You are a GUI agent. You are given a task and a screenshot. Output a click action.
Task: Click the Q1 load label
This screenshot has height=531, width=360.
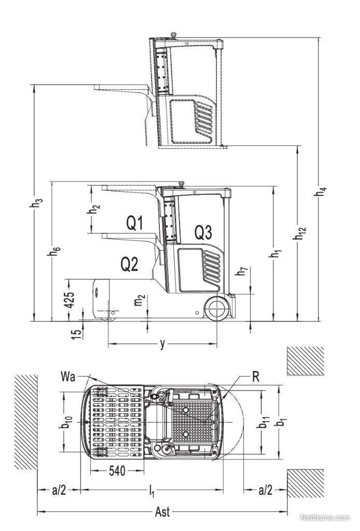click(134, 223)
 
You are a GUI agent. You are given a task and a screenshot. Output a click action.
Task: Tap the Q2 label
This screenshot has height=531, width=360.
click(129, 264)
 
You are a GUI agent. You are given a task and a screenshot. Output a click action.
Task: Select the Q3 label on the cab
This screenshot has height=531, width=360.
click(203, 233)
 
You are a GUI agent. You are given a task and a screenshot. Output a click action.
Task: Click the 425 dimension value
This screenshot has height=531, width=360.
click(70, 300)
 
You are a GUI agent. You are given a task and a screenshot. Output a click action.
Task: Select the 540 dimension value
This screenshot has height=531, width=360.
click(117, 471)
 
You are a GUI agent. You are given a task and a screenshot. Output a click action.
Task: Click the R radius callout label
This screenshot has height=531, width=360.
click(256, 376)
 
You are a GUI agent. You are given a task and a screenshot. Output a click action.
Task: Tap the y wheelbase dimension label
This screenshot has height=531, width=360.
click(163, 344)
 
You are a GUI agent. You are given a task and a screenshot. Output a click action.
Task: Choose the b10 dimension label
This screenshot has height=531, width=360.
click(66, 422)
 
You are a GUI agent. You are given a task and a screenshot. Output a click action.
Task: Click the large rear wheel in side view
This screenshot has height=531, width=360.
click(217, 308)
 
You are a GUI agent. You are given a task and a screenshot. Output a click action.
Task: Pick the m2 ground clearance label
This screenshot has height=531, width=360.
click(140, 300)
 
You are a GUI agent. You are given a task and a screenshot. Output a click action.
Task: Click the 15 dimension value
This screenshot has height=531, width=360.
click(78, 332)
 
